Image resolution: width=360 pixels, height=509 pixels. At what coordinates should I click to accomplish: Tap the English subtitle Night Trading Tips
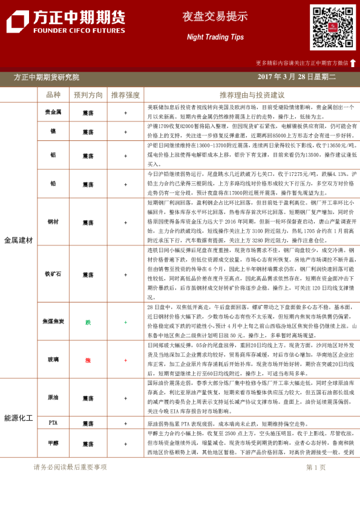[211, 37]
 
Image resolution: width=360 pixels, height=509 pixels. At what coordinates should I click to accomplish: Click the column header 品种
[53, 95]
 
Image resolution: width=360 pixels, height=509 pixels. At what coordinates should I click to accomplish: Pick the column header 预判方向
[88, 95]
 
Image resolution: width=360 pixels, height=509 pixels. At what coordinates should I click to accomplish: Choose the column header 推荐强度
[125, 95]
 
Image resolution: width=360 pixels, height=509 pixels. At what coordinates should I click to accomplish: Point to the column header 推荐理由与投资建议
[252, 95]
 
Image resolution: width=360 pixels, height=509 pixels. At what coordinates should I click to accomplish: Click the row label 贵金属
[53, 112]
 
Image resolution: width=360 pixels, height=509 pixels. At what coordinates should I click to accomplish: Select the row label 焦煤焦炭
[53, 322]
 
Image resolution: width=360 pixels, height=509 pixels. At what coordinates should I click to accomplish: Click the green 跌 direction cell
[88, 322]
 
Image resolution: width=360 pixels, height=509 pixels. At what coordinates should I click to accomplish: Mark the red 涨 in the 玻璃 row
[88, 360]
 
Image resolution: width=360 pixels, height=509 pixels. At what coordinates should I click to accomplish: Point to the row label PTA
[53, 424]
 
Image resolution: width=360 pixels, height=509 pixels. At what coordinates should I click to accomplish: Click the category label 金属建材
[18, 240]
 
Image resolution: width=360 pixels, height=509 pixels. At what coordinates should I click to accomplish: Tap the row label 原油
[53, 398]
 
